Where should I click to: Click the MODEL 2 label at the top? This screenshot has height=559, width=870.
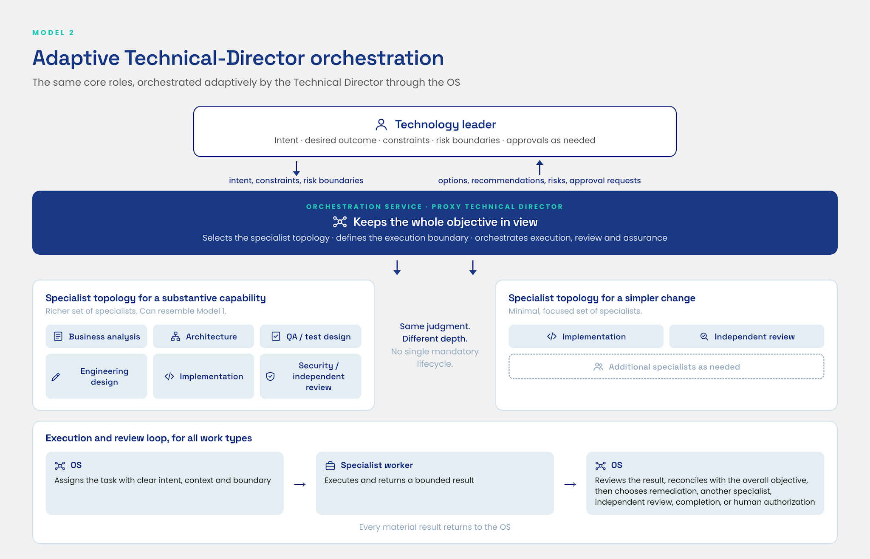[53, 33]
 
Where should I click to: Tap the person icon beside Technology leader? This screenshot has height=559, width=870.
[381, 124]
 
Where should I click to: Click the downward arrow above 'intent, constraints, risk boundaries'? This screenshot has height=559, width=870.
[297, 168]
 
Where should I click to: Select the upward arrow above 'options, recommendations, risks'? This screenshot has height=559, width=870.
[540, 167]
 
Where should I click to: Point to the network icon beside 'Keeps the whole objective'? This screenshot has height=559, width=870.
[340, 222]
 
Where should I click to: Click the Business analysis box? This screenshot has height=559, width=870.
[96, 337]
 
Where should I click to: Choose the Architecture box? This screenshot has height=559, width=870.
[203, 337]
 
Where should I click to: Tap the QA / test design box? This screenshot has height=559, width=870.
[311, 337]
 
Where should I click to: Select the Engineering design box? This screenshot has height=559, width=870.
[96, 376]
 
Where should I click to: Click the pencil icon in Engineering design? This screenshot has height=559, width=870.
[56, 377]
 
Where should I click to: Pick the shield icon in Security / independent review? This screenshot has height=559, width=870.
[270, 376]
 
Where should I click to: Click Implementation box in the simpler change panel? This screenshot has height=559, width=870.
[586, 337]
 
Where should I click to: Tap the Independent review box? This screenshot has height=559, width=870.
[747, 337]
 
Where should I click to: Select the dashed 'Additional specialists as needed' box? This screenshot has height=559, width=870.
[667, 367]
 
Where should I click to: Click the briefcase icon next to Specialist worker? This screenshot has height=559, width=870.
[330, 466]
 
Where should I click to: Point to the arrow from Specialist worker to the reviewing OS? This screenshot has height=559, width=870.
[570, 484]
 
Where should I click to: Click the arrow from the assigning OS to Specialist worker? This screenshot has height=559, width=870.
[300, 484]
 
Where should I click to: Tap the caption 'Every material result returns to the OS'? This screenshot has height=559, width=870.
[435, 527]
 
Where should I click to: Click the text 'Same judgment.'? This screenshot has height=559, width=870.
[435, 326]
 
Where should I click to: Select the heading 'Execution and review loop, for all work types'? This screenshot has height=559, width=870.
[149, 438]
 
